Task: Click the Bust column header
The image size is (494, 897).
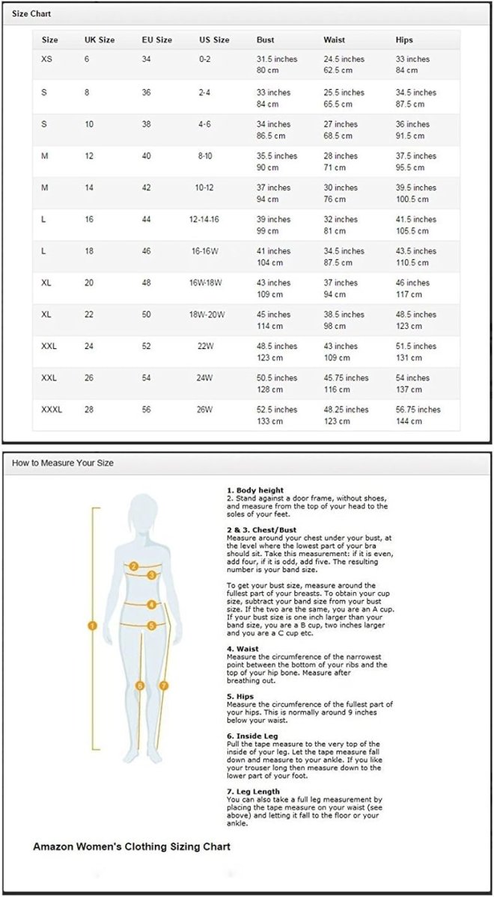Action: pos(265,40)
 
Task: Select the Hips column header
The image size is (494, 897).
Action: pos(404,40)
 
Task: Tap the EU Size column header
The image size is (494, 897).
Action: pos(157,40)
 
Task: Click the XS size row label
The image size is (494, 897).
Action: pos(47,59)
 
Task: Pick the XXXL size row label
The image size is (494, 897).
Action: pos(52,410)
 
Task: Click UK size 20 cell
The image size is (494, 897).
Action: pos(89,283)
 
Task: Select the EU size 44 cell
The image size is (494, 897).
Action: pos(147,219)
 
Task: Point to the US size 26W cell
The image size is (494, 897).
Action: pos(204,410)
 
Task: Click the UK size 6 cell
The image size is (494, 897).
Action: pos(87,59)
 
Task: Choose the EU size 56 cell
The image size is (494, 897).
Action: pos(147,410)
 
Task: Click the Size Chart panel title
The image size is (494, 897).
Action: pos(32,14)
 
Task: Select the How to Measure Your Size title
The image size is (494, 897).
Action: pos(63,463)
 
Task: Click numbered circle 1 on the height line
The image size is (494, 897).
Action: pos(93,626)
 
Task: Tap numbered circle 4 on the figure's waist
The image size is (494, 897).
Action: pos(151,604)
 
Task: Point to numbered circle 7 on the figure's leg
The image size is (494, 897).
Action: pos(164,685)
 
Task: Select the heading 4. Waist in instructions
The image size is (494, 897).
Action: pos(244,649)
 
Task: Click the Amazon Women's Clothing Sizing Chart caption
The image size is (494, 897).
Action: pos(132,847)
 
